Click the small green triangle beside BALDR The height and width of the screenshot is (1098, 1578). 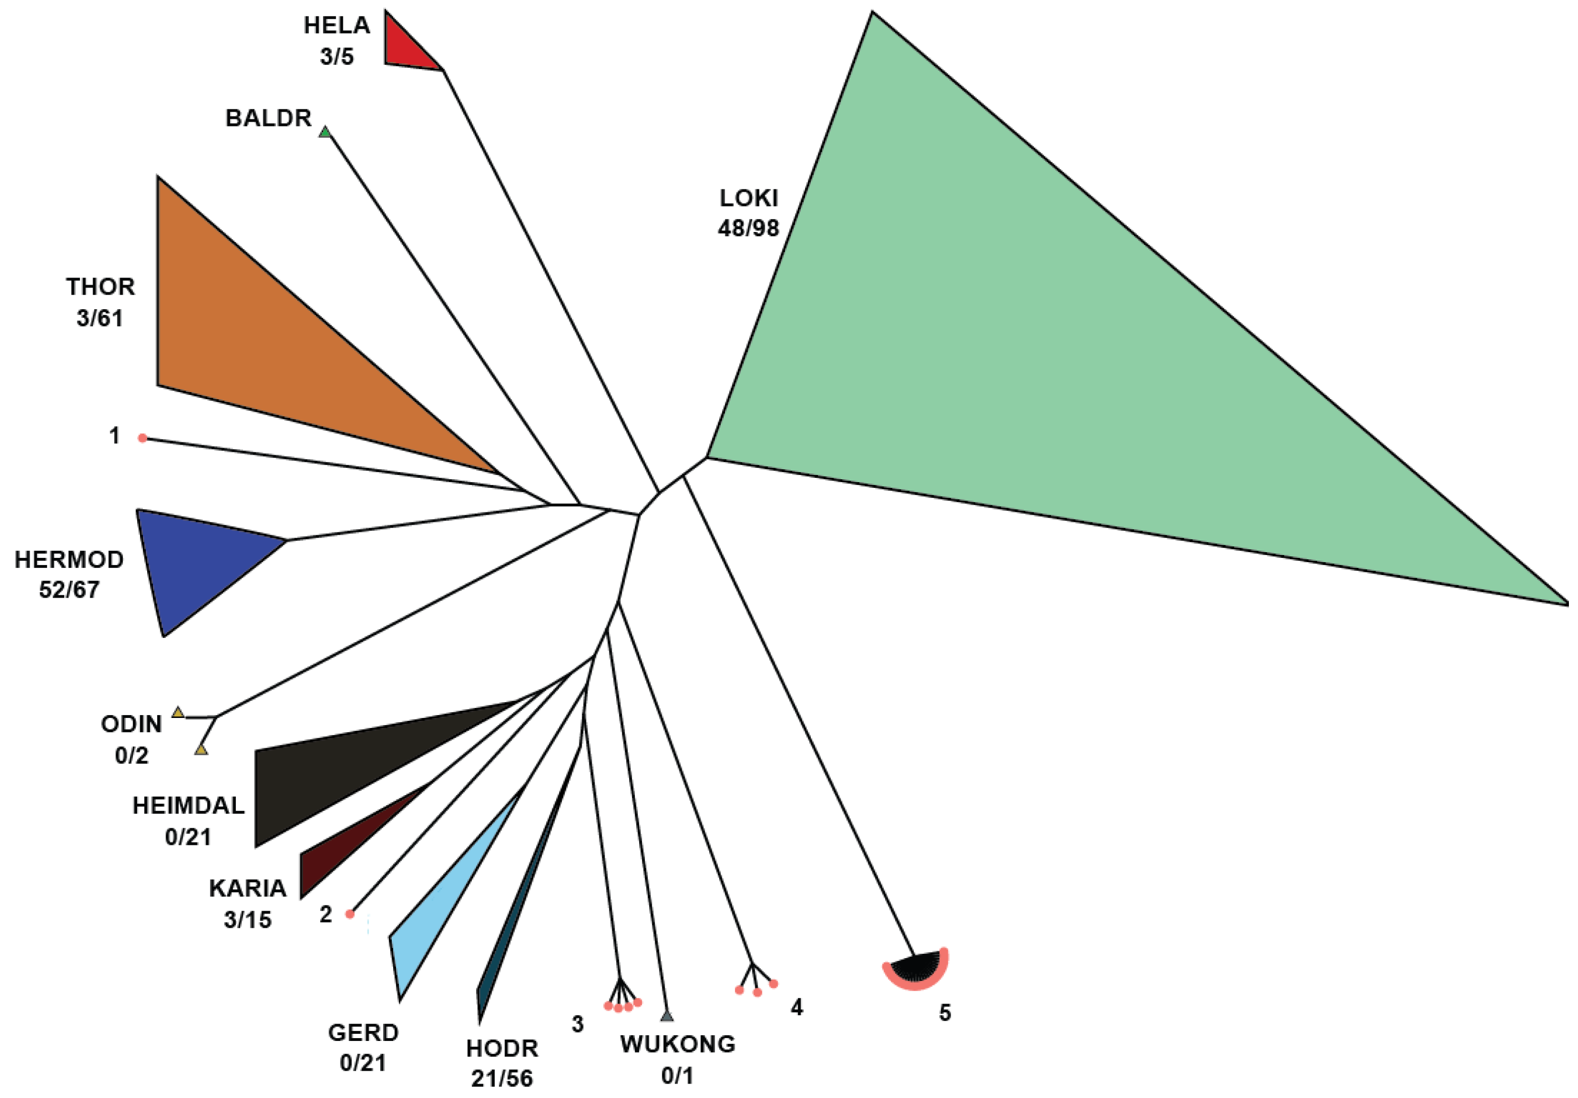[x=325, y=132]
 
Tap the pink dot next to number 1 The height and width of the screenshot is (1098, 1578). [x=142, y=438]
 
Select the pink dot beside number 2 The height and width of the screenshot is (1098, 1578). [x=350, y=914]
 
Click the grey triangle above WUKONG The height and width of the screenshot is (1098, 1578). [x=666, y=1016]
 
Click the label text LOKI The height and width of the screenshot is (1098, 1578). [x=748, y=198]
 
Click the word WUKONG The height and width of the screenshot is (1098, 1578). [x=678, y=1044]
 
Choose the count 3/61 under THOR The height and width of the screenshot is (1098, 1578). [x=100, y=318]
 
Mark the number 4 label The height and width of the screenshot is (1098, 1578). [x=796, y=1007]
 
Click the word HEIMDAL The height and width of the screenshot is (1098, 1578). [x=188, y=805]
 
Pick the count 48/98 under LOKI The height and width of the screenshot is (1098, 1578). [x=748, y=228]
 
